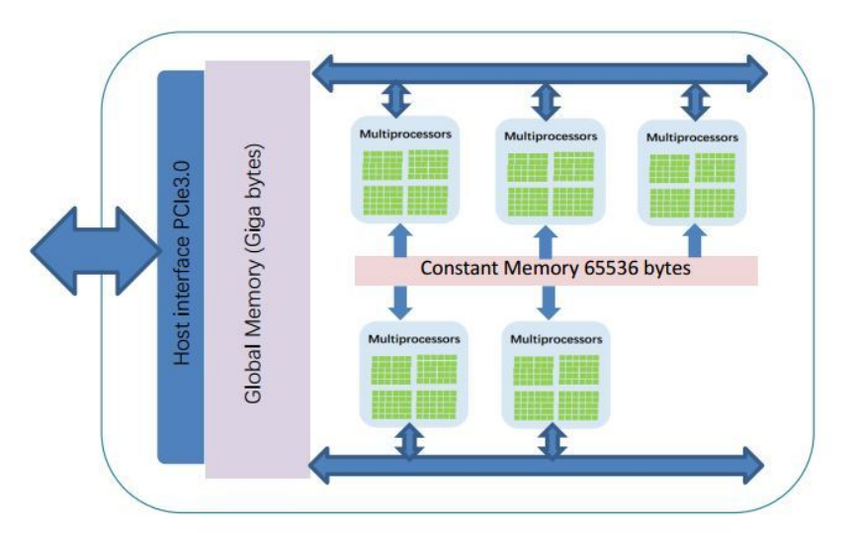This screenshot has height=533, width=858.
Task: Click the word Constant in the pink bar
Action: pyautogui.click(x=459, y=268)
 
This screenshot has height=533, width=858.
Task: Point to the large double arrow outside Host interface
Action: pyautogui.click(x=96, y=251)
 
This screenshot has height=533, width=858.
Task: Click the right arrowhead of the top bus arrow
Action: pyautogui.click(x=756, y=73)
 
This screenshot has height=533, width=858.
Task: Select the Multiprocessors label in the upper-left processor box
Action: pyautogui.click(x=405, y=134)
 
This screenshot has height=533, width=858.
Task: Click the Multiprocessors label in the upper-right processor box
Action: pyautogui.click(x=692, y=137)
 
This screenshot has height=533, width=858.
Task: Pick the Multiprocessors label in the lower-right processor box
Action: pyautogui.click(x=556, y=339)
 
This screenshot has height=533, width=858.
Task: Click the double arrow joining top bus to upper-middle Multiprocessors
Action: pyautogui.click(x=546, y=102)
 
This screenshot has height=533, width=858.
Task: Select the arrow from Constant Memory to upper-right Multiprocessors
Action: pyautogui.click(x=695, y=240)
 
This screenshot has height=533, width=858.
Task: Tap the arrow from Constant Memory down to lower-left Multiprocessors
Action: pyautogui.click(x=400, y=302)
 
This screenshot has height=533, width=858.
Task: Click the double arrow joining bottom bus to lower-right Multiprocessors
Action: pyautogui.click(x=553, y=442)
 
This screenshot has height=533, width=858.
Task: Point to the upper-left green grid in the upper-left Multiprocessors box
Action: pyautogui.click(x=384, y=166)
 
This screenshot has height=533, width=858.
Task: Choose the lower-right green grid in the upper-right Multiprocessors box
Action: pyautogui.click(x=715, y=203)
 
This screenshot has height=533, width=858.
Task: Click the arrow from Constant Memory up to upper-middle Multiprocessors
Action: pyautogui.click(x=546, y=242)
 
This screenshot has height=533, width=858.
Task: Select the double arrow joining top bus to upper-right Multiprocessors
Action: pyautogui.click(x=695, y=102)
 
